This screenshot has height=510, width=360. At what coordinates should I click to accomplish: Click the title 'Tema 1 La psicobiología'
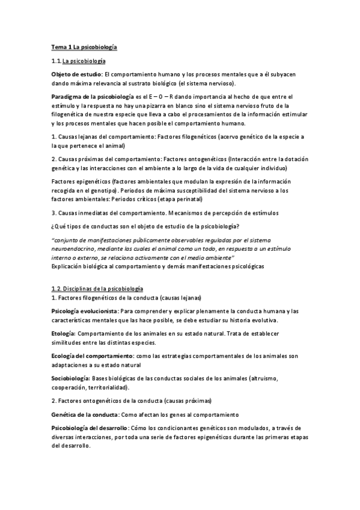click(84, 46)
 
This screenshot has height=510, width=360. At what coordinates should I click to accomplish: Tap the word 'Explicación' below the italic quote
click(70, 265)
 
